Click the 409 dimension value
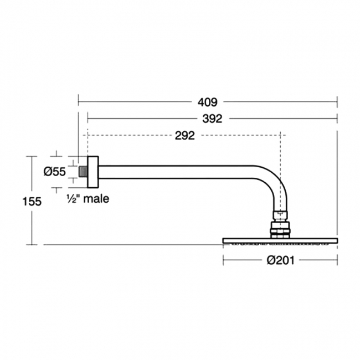pos(208,102)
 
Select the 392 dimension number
pos(212,119)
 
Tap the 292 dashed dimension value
pos(185,136)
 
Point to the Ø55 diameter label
pos(55,172)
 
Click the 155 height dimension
pos(32,202)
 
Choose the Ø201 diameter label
pos(280,260)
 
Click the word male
pos(96,199)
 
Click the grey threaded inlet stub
pos(83,172)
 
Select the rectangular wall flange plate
pos(93,172)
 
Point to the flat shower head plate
pos(280,240)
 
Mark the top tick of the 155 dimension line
pos(32,156)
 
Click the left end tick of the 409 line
pos(79,101)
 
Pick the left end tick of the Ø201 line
pos(223,260)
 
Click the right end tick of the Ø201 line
pos(337,260)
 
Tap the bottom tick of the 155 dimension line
pos(32,245)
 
